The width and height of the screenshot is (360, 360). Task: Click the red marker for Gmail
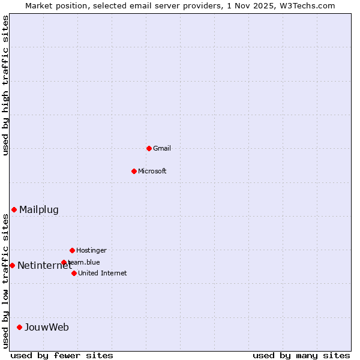pyautogui.click(x=149, y=148)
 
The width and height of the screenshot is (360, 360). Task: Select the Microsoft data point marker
pyautogui.click(x=134, y=171)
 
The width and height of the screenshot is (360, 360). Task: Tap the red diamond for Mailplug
pyautogui.click(x=14, y=209)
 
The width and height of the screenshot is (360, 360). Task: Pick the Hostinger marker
pyautogui.click(x=72, y=250)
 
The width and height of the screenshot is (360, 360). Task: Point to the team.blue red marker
pyautogui.click(x=64, y=262)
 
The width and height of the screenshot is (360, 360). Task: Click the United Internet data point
pyautogui.click(x=74, y=273)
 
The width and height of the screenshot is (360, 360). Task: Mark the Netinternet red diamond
pyautogui.click(x=12, y=265)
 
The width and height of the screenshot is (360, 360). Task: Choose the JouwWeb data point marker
pyautogui.click(x=19, y=327)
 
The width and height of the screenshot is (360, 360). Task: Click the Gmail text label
pyautogui.click(x=162, y=148)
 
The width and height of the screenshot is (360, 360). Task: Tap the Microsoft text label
pyautogui.click(x=152, y=171)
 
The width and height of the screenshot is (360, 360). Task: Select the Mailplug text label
pyautogui.click(x=39, y=209)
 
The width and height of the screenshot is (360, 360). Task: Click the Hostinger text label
pyautogui.click(x=91, y=250)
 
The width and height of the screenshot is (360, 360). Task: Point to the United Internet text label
pyautogui.click(x=103, y=273)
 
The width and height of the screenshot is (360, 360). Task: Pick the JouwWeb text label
pyautogui.click(x=47, y=327)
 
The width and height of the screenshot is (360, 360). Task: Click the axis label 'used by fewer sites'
pyautogui.click(x=62, y=355)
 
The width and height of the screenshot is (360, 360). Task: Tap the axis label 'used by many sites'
pyautogui.click(x=301, y=355)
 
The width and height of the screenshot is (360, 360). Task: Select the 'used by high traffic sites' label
pyautogui.click(x=5, y=85)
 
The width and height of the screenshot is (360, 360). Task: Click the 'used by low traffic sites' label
pyautogui.click(x=5, y=281)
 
